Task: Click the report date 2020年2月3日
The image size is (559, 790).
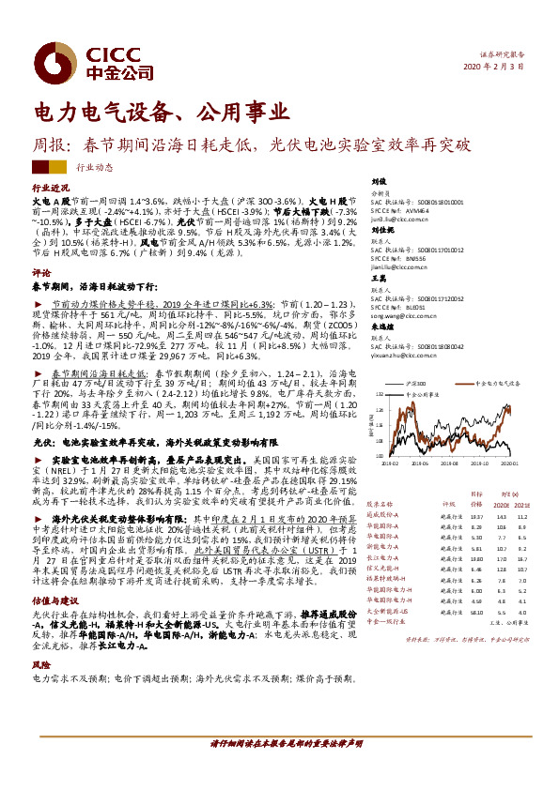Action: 492,67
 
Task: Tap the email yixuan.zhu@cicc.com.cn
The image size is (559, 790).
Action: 410,357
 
